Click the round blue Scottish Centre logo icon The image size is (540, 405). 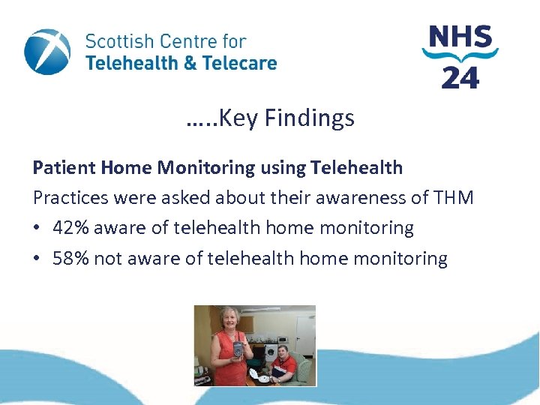(47, 52)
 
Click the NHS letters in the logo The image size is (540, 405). (460, 37)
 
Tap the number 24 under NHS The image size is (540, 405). (460, 76)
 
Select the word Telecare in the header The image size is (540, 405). (238, 63)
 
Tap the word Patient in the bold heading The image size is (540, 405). (64, 167)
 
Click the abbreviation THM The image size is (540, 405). (454, 198)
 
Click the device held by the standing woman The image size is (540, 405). (238, 349)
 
